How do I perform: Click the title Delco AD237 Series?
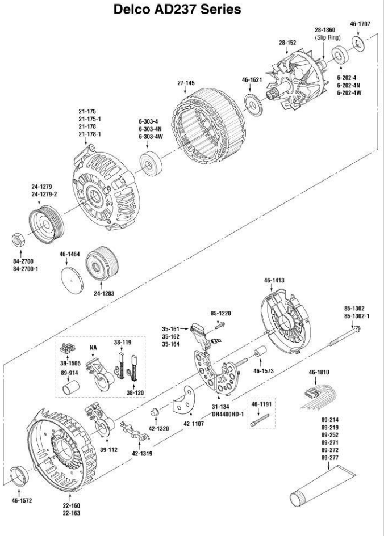(x=191, y=10)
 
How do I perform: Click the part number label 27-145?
(x=186, y=83)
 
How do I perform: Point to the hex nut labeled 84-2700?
(x=18, y=240)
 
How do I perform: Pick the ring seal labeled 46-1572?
(x=21, y=475)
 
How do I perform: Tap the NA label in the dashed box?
(x=92, y=346)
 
